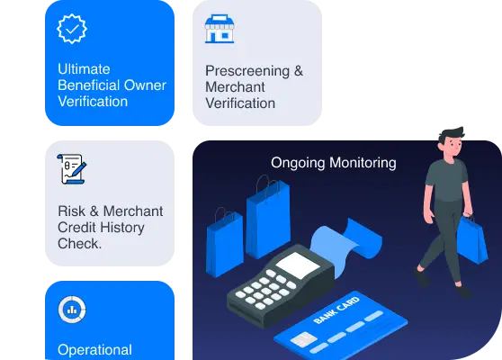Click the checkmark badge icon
(x=72, y=29)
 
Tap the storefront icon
(x=220, y=29)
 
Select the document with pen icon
(x=72, y=169)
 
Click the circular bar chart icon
(x=72, y=310)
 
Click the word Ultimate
(x=84, y=69)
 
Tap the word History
(x=123, y=228)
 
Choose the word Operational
(x=94, y=350)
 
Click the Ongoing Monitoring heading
(x=334, y=163)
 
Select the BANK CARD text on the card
(x=336, y=310)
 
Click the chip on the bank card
(x=303, y=340)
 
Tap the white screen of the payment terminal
(x=298, y=265)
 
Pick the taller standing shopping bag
(x=268, y=218)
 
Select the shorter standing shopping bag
(x=225, y=243)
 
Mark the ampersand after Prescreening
(x=299, y=71)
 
